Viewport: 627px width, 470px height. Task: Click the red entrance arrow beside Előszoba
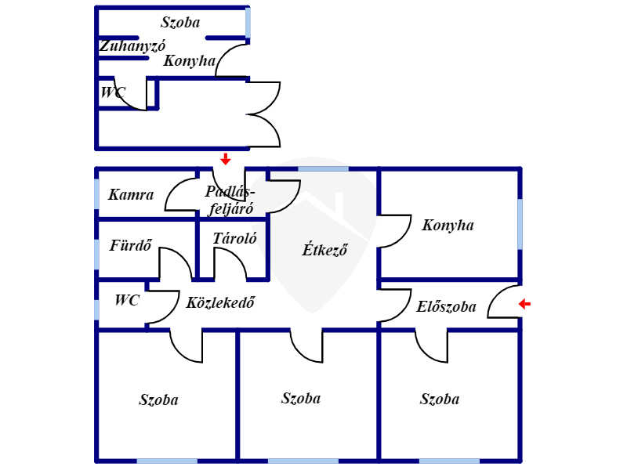(x=524, y=304)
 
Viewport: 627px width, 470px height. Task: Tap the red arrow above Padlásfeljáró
(x=226, y=159)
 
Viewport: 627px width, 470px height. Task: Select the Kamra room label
(x=131, y=194)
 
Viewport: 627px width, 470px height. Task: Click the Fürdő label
(x=131, y=245)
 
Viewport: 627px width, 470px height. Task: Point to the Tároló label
(x=234, y=239)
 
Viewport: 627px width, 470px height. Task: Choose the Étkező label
(x=324, y=250)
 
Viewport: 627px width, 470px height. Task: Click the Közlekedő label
(x=220, y=302)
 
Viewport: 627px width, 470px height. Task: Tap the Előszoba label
(x=446, y=306)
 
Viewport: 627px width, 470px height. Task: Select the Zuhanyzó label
(x=132, y=46)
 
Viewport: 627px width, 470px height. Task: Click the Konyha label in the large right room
(x=448, y=225)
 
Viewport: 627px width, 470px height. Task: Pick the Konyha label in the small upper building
(x=190, y=61)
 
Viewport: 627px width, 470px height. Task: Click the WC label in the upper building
(x=113, y=92)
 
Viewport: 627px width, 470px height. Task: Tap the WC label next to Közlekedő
(x=127, y=300)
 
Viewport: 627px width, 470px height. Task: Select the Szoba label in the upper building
(x=180, y=23)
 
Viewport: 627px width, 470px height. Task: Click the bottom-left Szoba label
(x=159, y=399)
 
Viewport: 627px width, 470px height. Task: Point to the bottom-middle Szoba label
(x=301, y=398)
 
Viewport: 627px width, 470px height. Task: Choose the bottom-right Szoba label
(x=440, y=399)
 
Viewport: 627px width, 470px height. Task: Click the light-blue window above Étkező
(x=324, y=169)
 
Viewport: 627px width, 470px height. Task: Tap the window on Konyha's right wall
(x=520, y=224)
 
